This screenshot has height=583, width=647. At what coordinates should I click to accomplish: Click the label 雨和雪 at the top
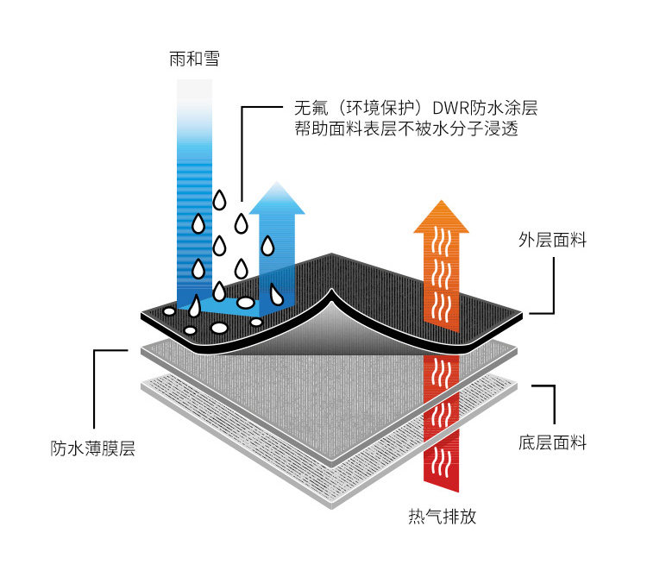[x=194, y=59]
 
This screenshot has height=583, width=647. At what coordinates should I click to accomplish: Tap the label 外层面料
[x=552, y=240]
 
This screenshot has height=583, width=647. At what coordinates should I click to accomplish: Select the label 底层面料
[x=552, y=442]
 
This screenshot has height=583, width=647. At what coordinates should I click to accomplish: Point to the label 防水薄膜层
[x=93, y=448]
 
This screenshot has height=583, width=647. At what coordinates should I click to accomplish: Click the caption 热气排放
[x=443, y=516]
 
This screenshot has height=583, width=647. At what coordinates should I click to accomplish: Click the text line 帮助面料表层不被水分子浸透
[x=406, y=129]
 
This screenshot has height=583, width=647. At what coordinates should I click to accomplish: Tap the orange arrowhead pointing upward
[x=442, y=216]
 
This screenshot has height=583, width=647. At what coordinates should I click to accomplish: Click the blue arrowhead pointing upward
[x=277, y=198]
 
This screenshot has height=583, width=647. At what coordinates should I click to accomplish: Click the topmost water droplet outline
[x=219, y=200]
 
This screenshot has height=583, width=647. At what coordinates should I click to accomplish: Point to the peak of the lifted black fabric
[x=331, y=290]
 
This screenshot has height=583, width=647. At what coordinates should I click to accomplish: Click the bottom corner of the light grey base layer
[x=332, y=508]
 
